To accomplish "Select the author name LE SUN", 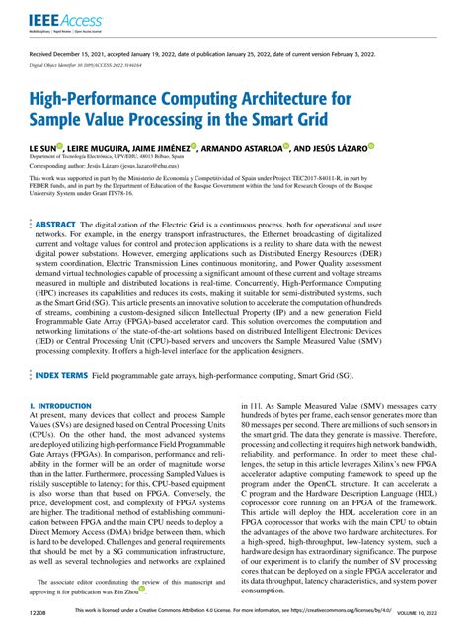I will pyautogui.click(x=45, y=147).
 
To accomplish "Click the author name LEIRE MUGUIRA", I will pyautogui.click(x=112, y=147).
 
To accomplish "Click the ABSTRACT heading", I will pyautogui.click(x=62, y=226).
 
